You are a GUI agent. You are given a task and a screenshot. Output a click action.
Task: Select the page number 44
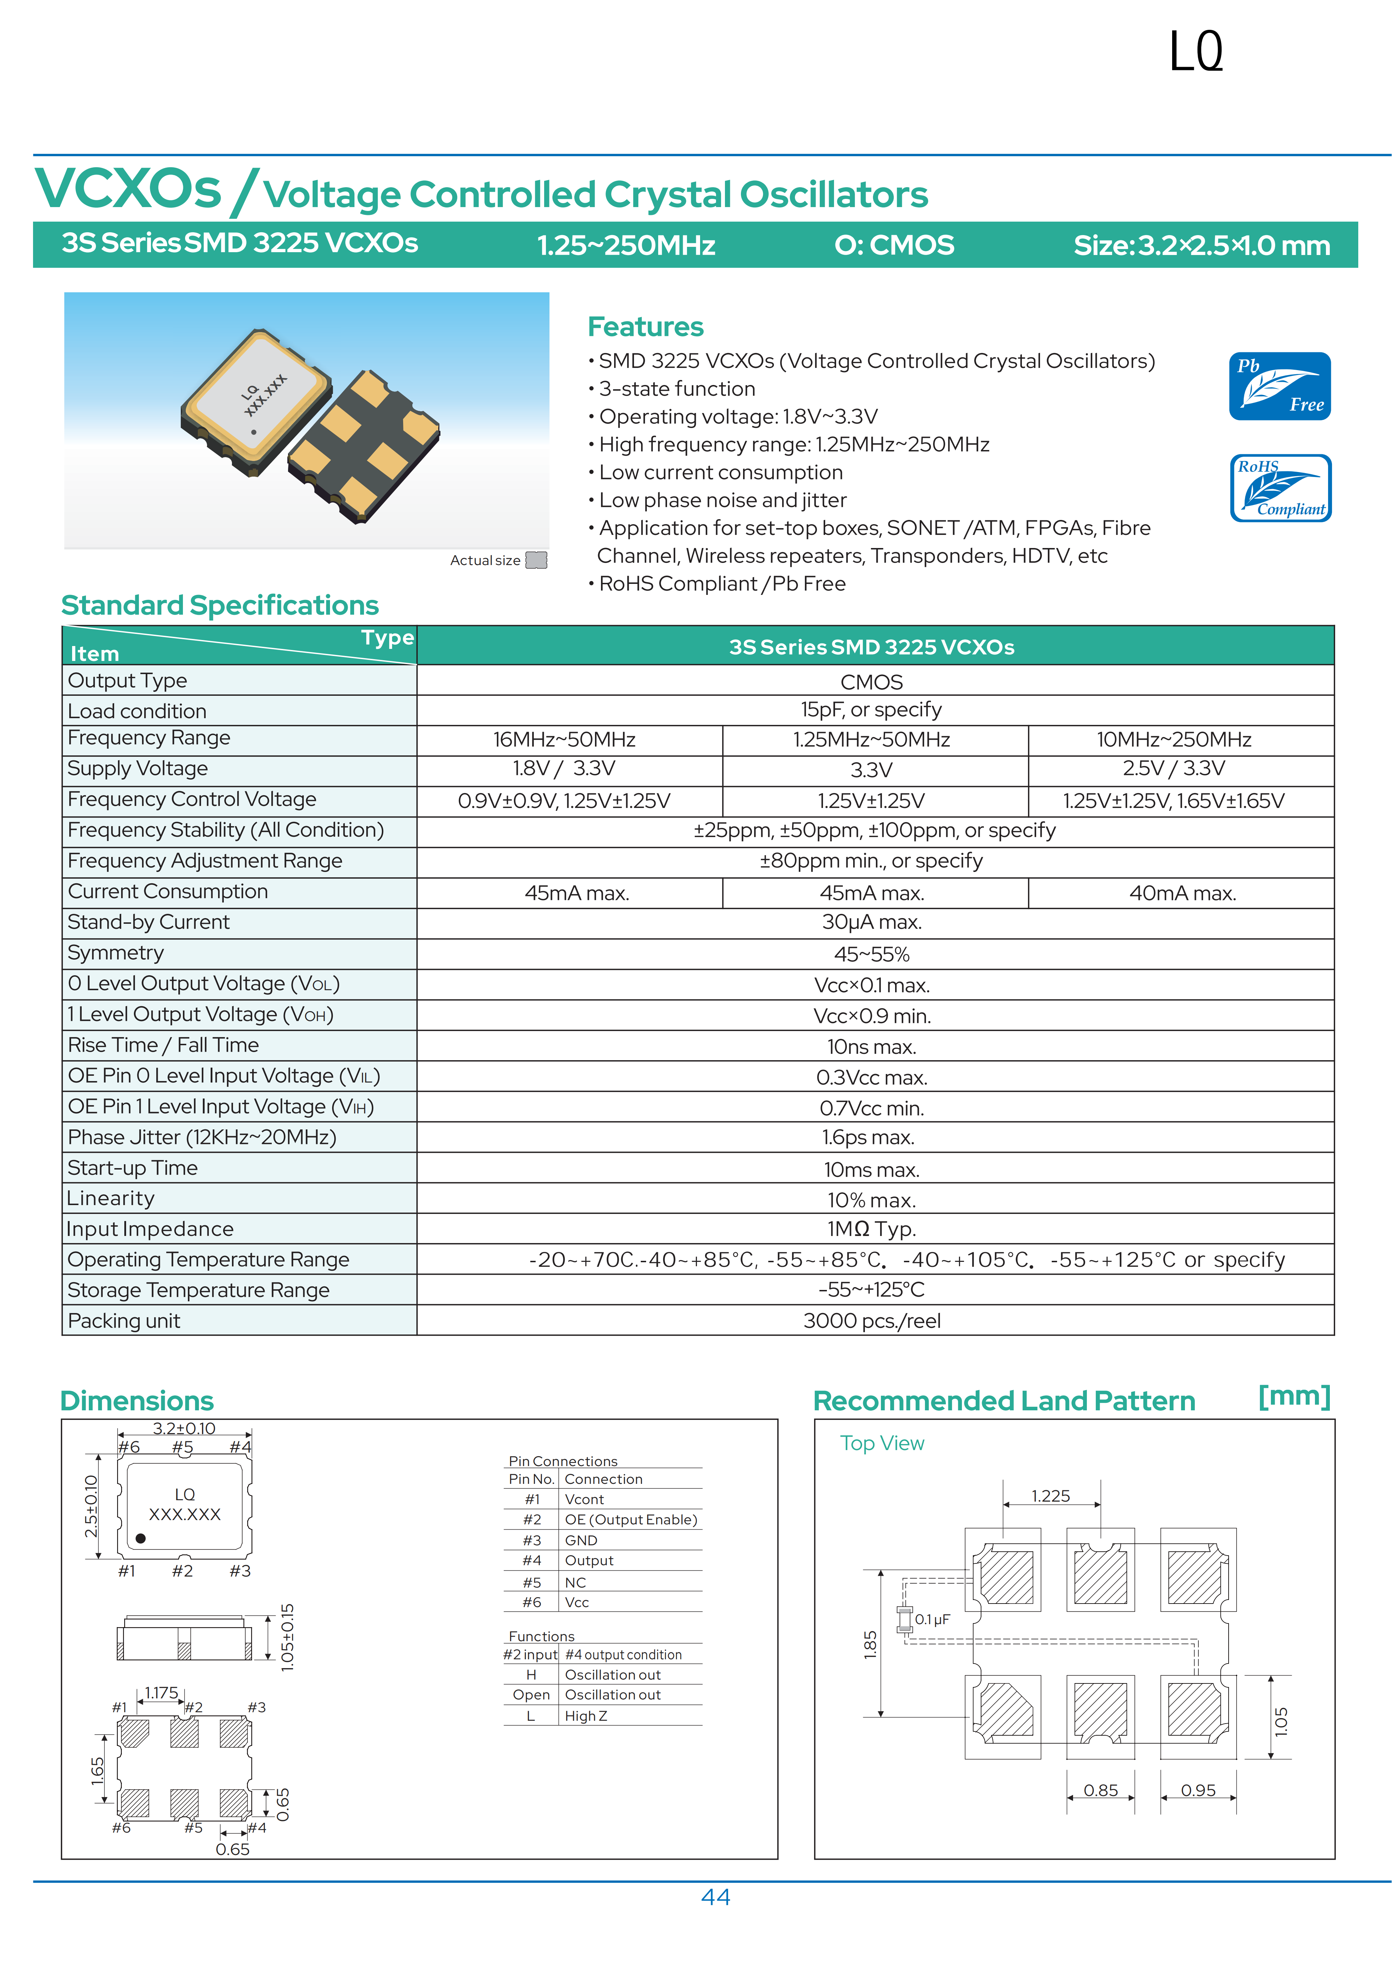tap(715, 1896)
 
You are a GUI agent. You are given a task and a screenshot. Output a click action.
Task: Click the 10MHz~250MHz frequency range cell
tap(1173, 739)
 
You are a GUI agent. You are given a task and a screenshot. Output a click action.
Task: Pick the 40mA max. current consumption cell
tap(1182, 893)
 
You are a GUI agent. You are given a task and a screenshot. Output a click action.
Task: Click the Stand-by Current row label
tap(148, 922)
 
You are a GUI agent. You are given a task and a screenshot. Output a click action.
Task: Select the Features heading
tap(645, 327)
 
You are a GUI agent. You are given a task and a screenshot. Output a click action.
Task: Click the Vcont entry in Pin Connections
tap(584, 1499)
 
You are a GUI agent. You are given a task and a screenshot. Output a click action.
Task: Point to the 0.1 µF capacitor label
tap(932, 1619)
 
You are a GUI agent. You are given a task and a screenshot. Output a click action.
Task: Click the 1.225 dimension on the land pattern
tap(1051, 1496)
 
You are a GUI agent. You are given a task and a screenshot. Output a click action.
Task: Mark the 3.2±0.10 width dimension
tap(184, 1428)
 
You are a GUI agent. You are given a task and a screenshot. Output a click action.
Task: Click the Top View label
tap(882, 1443)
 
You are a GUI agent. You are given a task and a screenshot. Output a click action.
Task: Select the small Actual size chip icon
tap(536, 560)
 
